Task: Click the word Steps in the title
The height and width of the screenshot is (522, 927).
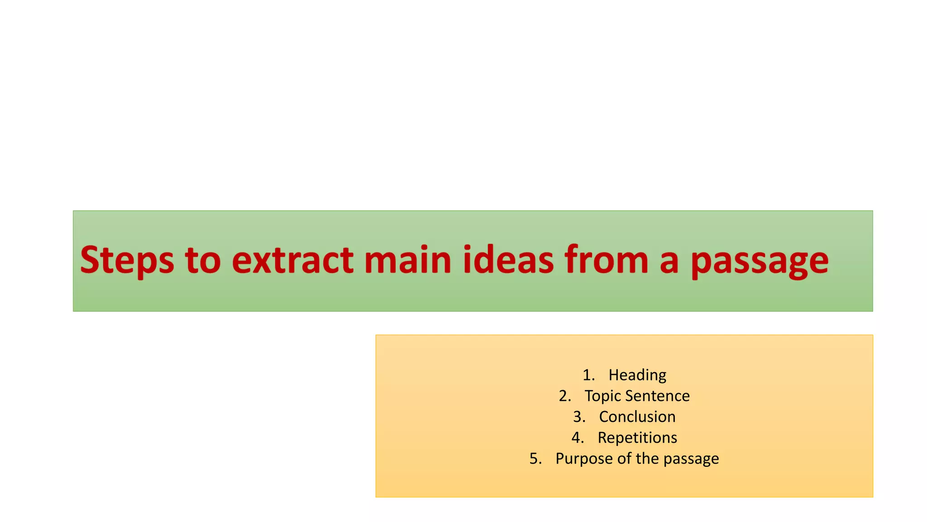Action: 127,261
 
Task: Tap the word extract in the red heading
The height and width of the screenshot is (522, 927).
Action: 292,261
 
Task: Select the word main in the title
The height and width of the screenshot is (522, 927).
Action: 407,261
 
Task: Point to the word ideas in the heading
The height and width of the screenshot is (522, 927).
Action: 508,261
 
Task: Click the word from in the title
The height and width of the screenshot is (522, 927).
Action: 607,261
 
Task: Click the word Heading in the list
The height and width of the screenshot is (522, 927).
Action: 637,375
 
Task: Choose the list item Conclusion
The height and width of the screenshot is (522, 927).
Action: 637,417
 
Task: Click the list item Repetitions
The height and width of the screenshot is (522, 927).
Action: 637,438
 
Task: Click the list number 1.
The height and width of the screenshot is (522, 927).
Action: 588,375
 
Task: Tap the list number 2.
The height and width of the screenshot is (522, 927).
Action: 564,396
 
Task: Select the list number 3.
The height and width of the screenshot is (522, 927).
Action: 579,417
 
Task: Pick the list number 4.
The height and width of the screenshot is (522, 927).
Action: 577,438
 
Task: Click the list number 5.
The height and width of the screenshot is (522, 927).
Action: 535,459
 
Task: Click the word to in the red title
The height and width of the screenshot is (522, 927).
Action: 203,261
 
